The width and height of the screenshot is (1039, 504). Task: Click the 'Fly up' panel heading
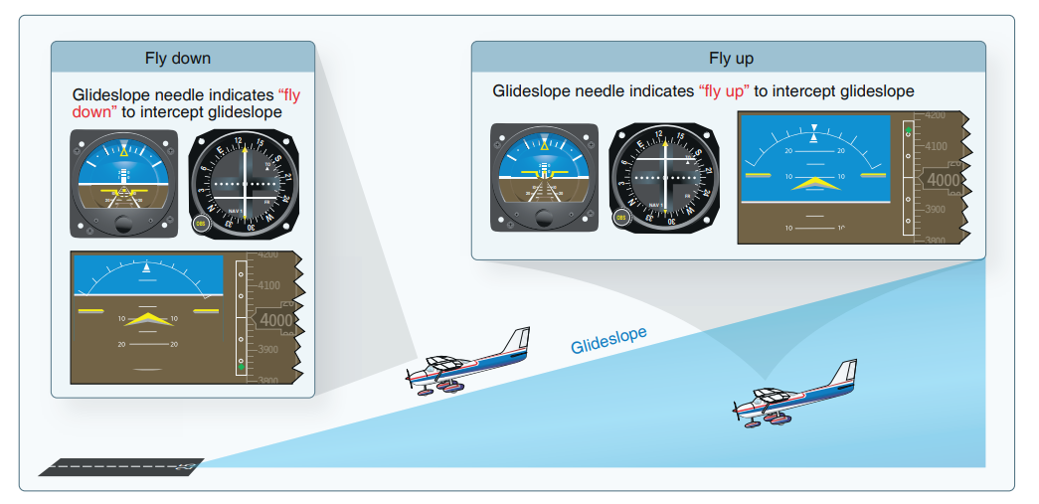click(731, 58)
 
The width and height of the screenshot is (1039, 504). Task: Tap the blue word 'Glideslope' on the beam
click(608, 340)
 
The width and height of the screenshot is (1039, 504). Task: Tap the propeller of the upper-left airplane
click(409, 376)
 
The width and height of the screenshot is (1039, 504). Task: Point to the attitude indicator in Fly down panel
click(124, 184)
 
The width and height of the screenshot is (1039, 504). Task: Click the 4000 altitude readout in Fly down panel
click(275, 320)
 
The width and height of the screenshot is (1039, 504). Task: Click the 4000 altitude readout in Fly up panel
click(942, 180)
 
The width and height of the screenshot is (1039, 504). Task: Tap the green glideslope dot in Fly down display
click(241, 368)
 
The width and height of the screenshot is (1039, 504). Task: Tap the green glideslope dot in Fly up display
click(908, 131)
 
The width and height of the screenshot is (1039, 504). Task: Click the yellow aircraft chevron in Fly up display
click(814, 183)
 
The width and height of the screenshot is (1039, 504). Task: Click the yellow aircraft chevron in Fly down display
click(147, 319)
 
